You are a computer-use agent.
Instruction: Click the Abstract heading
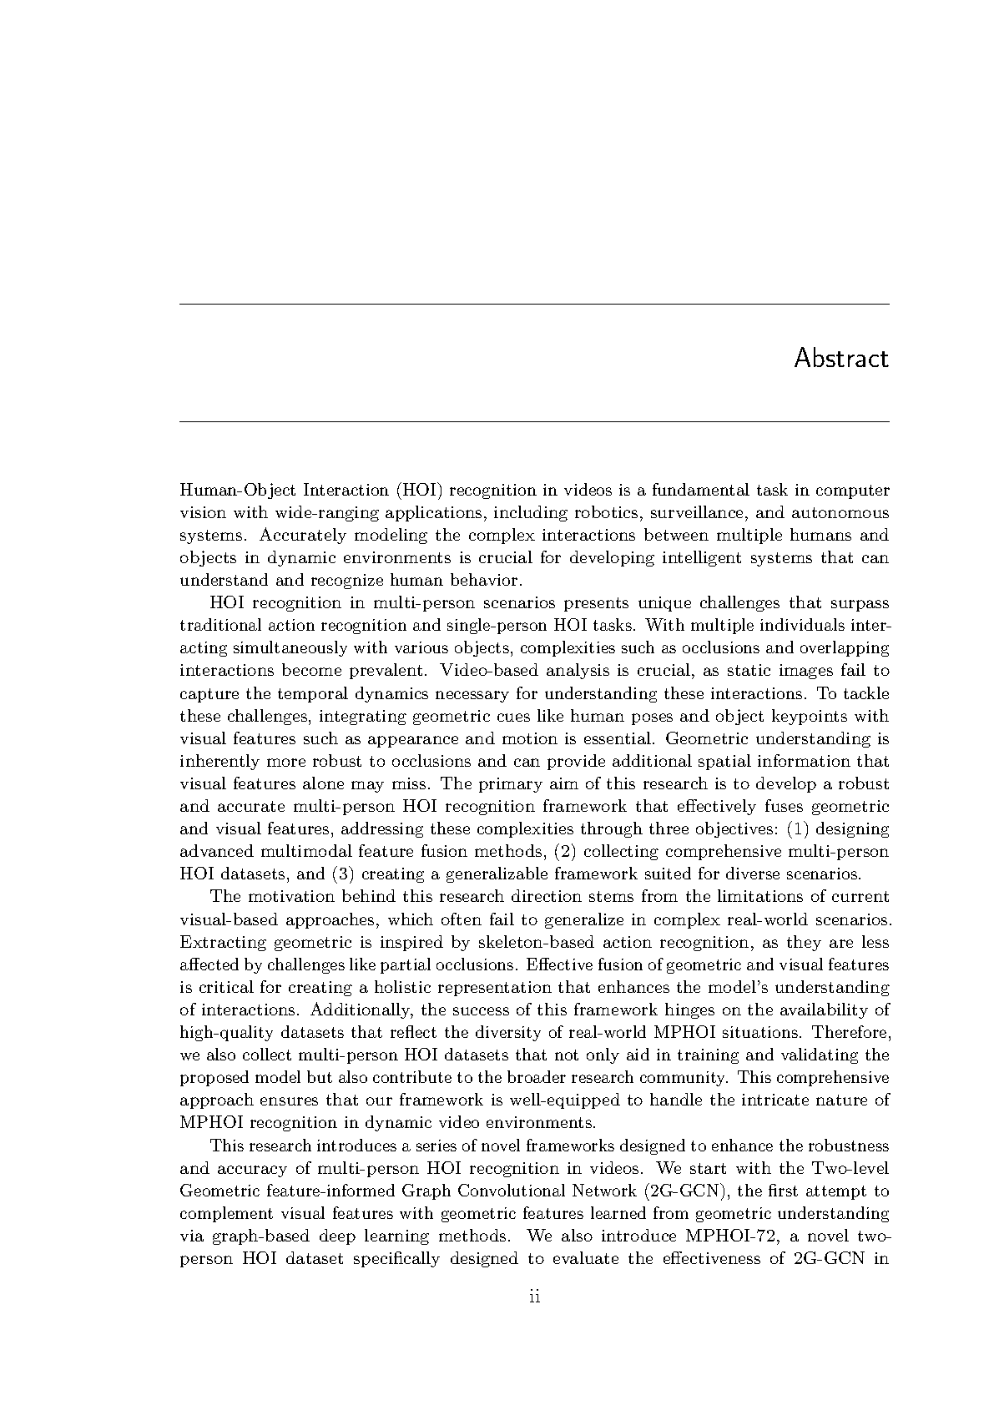[840, 359]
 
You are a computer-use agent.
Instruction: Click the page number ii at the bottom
[535, 1297]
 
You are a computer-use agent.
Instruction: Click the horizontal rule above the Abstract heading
[534, 305]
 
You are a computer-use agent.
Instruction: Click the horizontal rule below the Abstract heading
[534, 422]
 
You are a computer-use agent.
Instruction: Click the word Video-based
[486, 671]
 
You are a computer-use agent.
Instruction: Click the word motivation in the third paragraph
[286, 897]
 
